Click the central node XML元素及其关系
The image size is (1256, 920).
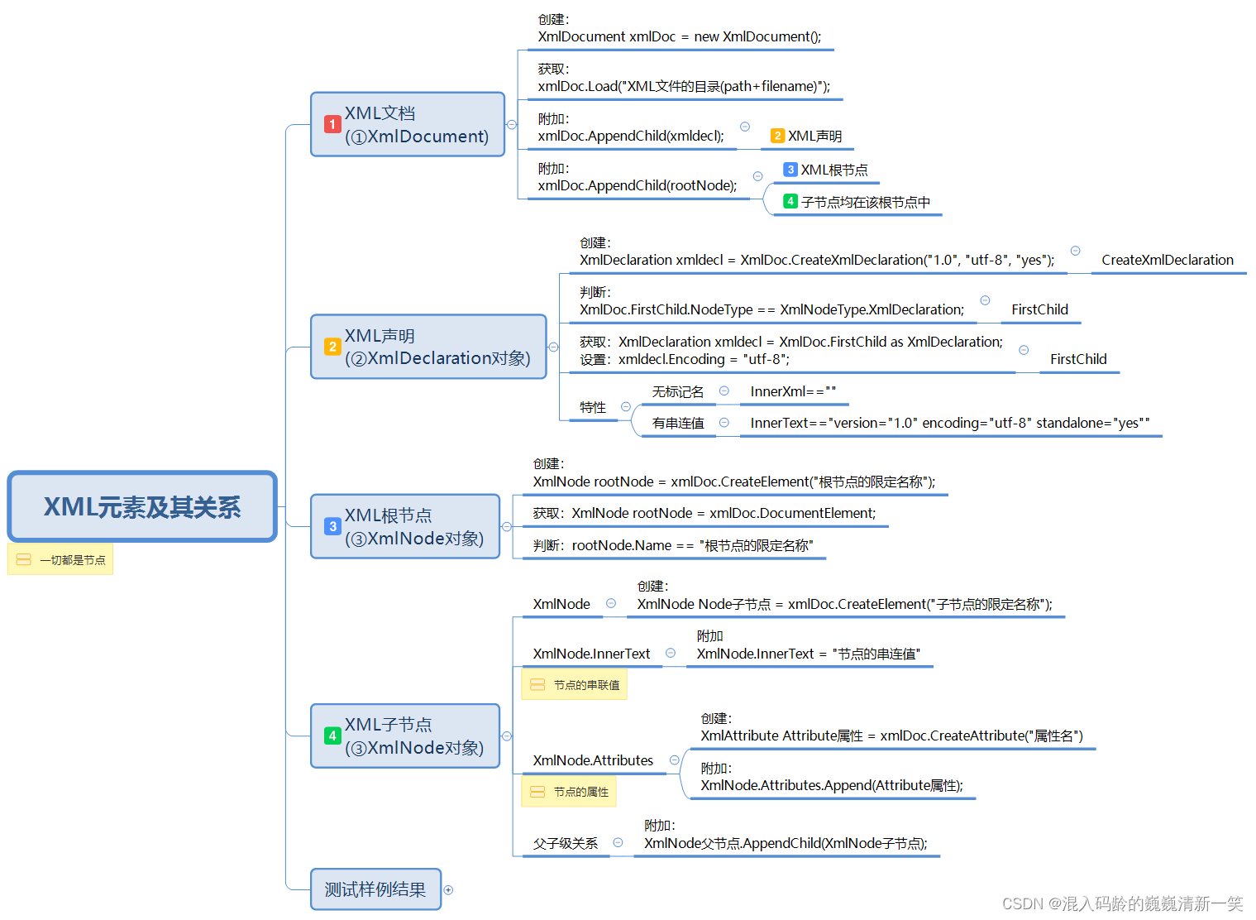coord(142,506)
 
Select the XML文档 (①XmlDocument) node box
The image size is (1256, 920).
coord(408,124)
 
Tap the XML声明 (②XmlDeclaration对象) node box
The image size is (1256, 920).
coord(428,347)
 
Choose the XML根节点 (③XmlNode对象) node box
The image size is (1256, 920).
coord(405,526)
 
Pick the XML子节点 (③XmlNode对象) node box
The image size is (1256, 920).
coord(405,736)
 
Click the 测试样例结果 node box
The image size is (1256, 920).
coord(375,889)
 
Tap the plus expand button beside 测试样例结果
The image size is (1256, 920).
coord(448,890)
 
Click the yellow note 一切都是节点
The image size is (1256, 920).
coord(60,560)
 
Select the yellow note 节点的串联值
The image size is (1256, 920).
coord(574,685)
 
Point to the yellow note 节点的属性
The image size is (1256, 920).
coord(569,792)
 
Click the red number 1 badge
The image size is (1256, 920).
coord(332,124)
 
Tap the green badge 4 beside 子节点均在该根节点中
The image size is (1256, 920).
coord(790,201)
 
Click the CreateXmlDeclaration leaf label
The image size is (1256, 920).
coord(1167,260)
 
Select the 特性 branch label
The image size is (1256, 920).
coord(593,407)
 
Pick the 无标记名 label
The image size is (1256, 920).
coord(678,391)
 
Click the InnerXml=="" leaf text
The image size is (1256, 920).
coord(793,391)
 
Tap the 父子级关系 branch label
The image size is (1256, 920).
coord(566,843)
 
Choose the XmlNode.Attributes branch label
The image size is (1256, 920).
coord(593,760)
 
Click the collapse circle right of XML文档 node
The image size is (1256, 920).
coord(512,125)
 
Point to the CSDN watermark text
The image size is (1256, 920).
coord(1122,903)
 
